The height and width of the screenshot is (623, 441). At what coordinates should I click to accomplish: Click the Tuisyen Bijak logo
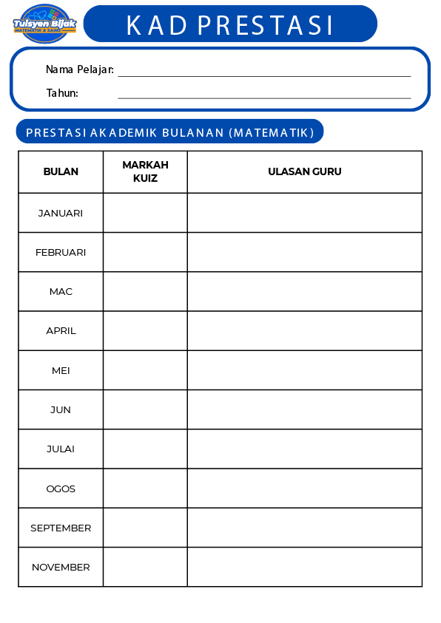[44, 24]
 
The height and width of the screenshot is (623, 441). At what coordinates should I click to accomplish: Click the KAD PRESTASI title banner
[230, 24]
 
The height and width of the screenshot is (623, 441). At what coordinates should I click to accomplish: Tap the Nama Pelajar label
[79, 69]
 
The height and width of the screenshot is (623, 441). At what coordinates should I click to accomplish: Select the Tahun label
[62, 93]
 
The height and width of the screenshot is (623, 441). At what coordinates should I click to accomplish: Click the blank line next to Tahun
[264, 95]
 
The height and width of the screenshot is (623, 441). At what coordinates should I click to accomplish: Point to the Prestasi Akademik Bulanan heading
[169, 132]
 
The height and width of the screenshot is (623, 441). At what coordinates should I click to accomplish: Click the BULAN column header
[61, 171]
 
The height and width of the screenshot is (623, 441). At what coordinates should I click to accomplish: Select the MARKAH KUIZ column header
[145, 171]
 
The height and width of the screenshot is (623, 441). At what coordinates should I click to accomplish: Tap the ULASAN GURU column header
[304, 171]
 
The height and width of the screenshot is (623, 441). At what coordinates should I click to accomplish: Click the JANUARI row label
[61, 213]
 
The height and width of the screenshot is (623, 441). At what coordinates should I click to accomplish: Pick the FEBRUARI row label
[61, 252]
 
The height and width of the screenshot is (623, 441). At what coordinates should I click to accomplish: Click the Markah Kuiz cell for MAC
[145, 291]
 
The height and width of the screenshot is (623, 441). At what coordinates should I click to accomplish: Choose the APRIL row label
[61, 330]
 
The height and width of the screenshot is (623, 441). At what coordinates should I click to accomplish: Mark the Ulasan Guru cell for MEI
[304, 370]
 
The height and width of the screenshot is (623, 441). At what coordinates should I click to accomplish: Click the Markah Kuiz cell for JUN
[145, 409]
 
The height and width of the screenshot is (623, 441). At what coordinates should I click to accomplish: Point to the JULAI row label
[61, 449]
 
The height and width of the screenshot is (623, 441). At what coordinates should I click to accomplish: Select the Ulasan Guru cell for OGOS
[304, 488]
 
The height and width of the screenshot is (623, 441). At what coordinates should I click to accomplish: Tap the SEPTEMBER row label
[61, 528]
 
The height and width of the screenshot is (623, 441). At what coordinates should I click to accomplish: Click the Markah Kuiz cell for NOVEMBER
[145, 567]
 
